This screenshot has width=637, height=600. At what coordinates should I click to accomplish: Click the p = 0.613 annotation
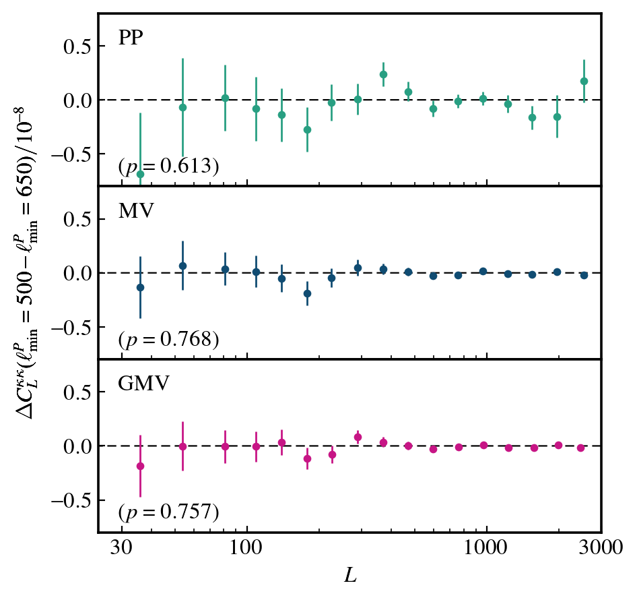point(168,167)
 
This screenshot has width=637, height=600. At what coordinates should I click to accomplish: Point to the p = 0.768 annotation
point(168,339)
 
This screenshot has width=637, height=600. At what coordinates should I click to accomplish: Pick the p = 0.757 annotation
point(168,512)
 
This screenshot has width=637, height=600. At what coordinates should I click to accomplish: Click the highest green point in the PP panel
point(383,74)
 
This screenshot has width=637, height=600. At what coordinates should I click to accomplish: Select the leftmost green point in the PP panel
point(140,174)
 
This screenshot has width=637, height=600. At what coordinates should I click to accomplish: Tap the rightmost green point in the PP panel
point(584,81)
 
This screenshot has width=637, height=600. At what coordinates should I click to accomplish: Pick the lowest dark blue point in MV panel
point(307,293)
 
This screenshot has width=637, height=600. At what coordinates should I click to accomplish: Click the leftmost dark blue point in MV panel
point(140,287)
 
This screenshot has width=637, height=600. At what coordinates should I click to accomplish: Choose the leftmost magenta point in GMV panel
point(140,466)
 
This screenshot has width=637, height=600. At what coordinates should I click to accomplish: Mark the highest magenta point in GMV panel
point(358,437)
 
